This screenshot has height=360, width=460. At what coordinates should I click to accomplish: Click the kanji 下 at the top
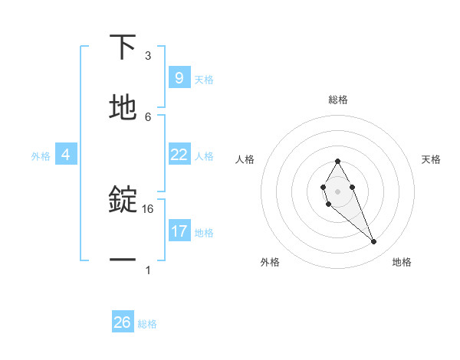123,47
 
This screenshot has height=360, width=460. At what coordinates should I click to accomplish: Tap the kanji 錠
123,201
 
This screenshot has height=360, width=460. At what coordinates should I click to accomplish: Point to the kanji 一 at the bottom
123,260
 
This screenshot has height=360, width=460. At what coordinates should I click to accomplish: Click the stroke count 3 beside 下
148,56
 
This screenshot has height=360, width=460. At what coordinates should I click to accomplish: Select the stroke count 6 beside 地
148,116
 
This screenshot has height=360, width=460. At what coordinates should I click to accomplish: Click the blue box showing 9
179,77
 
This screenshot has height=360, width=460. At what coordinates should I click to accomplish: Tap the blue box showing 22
179,155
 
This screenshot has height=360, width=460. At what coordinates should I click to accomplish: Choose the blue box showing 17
179,231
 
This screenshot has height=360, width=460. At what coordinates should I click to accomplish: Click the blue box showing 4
66,155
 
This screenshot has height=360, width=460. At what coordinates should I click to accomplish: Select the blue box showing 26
123,322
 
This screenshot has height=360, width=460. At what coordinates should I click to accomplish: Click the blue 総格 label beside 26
147,324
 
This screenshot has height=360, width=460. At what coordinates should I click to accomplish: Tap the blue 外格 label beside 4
41,156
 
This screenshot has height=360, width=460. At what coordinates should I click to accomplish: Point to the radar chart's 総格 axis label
338,100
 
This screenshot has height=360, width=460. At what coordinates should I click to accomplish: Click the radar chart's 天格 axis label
431,159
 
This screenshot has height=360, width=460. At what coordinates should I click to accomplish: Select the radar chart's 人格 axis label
245,159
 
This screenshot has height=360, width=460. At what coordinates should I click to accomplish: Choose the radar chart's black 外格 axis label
270,262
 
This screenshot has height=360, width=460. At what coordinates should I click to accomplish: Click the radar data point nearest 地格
374,241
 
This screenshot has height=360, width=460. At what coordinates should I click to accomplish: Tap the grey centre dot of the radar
337,191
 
